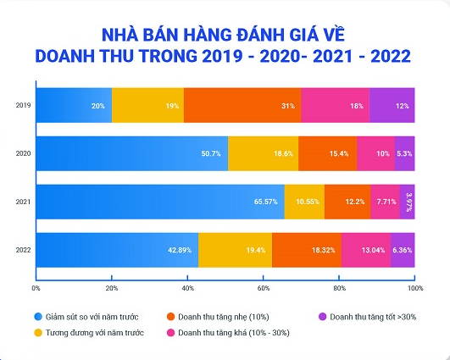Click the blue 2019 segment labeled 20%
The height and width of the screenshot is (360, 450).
pos(74,105)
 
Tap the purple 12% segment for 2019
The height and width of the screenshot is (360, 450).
pos(392,105)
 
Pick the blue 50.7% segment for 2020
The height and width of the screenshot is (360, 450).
pos(131,153)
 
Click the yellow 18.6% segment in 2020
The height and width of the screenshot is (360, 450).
pos(263,153)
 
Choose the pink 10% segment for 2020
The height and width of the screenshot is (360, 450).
pos(375,153)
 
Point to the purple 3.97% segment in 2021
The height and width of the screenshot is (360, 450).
pos(407,202)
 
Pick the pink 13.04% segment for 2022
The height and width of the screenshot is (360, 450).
pos(366,251)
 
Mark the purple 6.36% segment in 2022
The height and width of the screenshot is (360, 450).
pos(403,251)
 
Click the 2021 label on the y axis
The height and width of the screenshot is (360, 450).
pos(23,202)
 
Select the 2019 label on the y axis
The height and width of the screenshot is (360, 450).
pos(23,106)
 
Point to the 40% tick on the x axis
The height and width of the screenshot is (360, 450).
pos(187,288)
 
